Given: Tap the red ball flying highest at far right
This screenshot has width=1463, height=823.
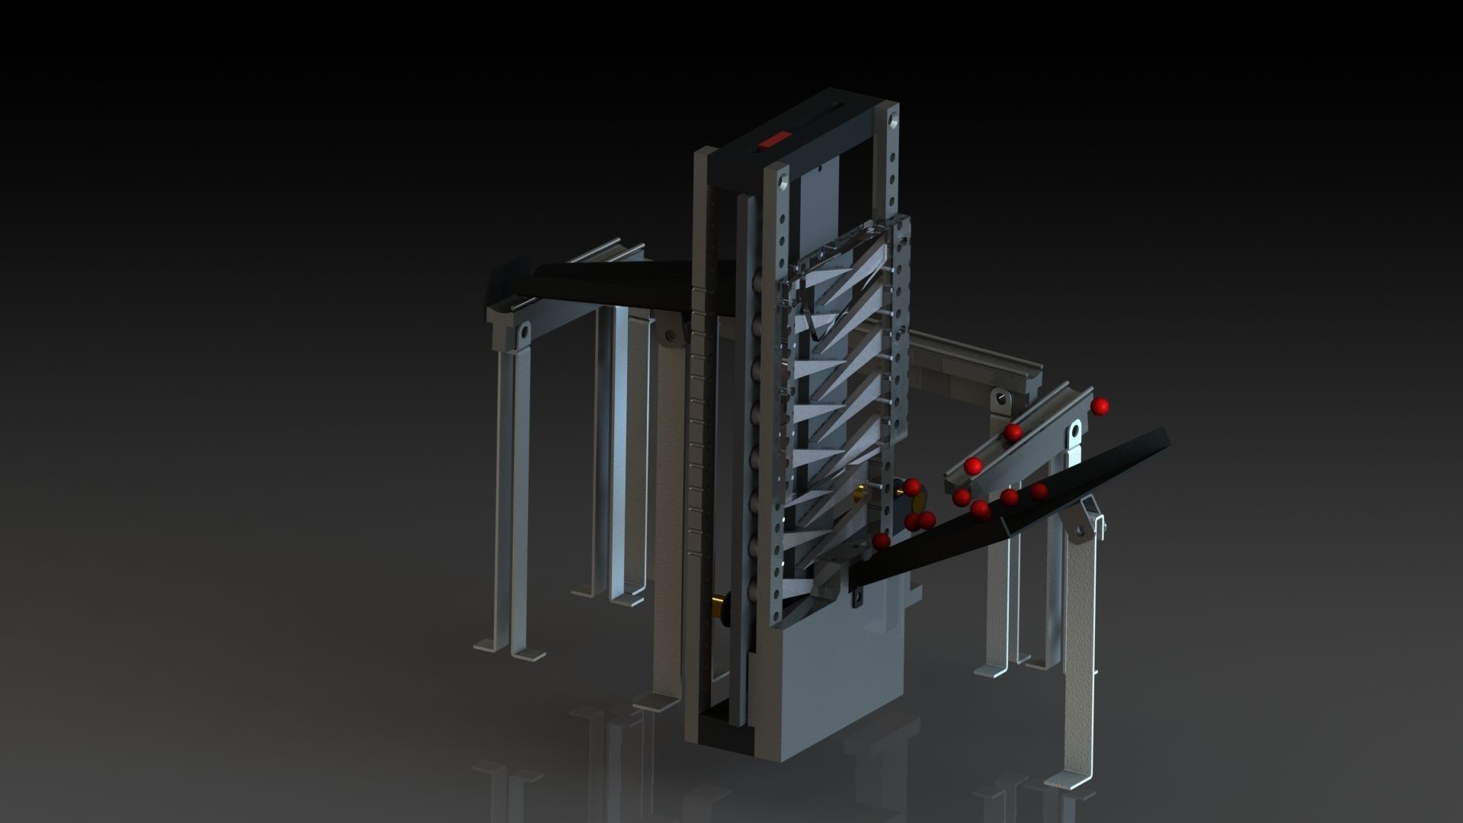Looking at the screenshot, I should coord(1099,406).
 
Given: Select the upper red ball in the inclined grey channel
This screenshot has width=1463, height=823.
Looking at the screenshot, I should coord(1012,433).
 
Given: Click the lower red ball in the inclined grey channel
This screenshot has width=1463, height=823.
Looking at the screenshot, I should coord(972,465).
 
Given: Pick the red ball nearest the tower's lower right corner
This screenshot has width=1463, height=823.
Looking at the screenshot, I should coord(881,541).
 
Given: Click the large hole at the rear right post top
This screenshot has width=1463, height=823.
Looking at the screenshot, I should coord(891,119).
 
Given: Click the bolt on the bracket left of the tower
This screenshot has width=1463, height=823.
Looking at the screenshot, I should coord(670,335).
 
